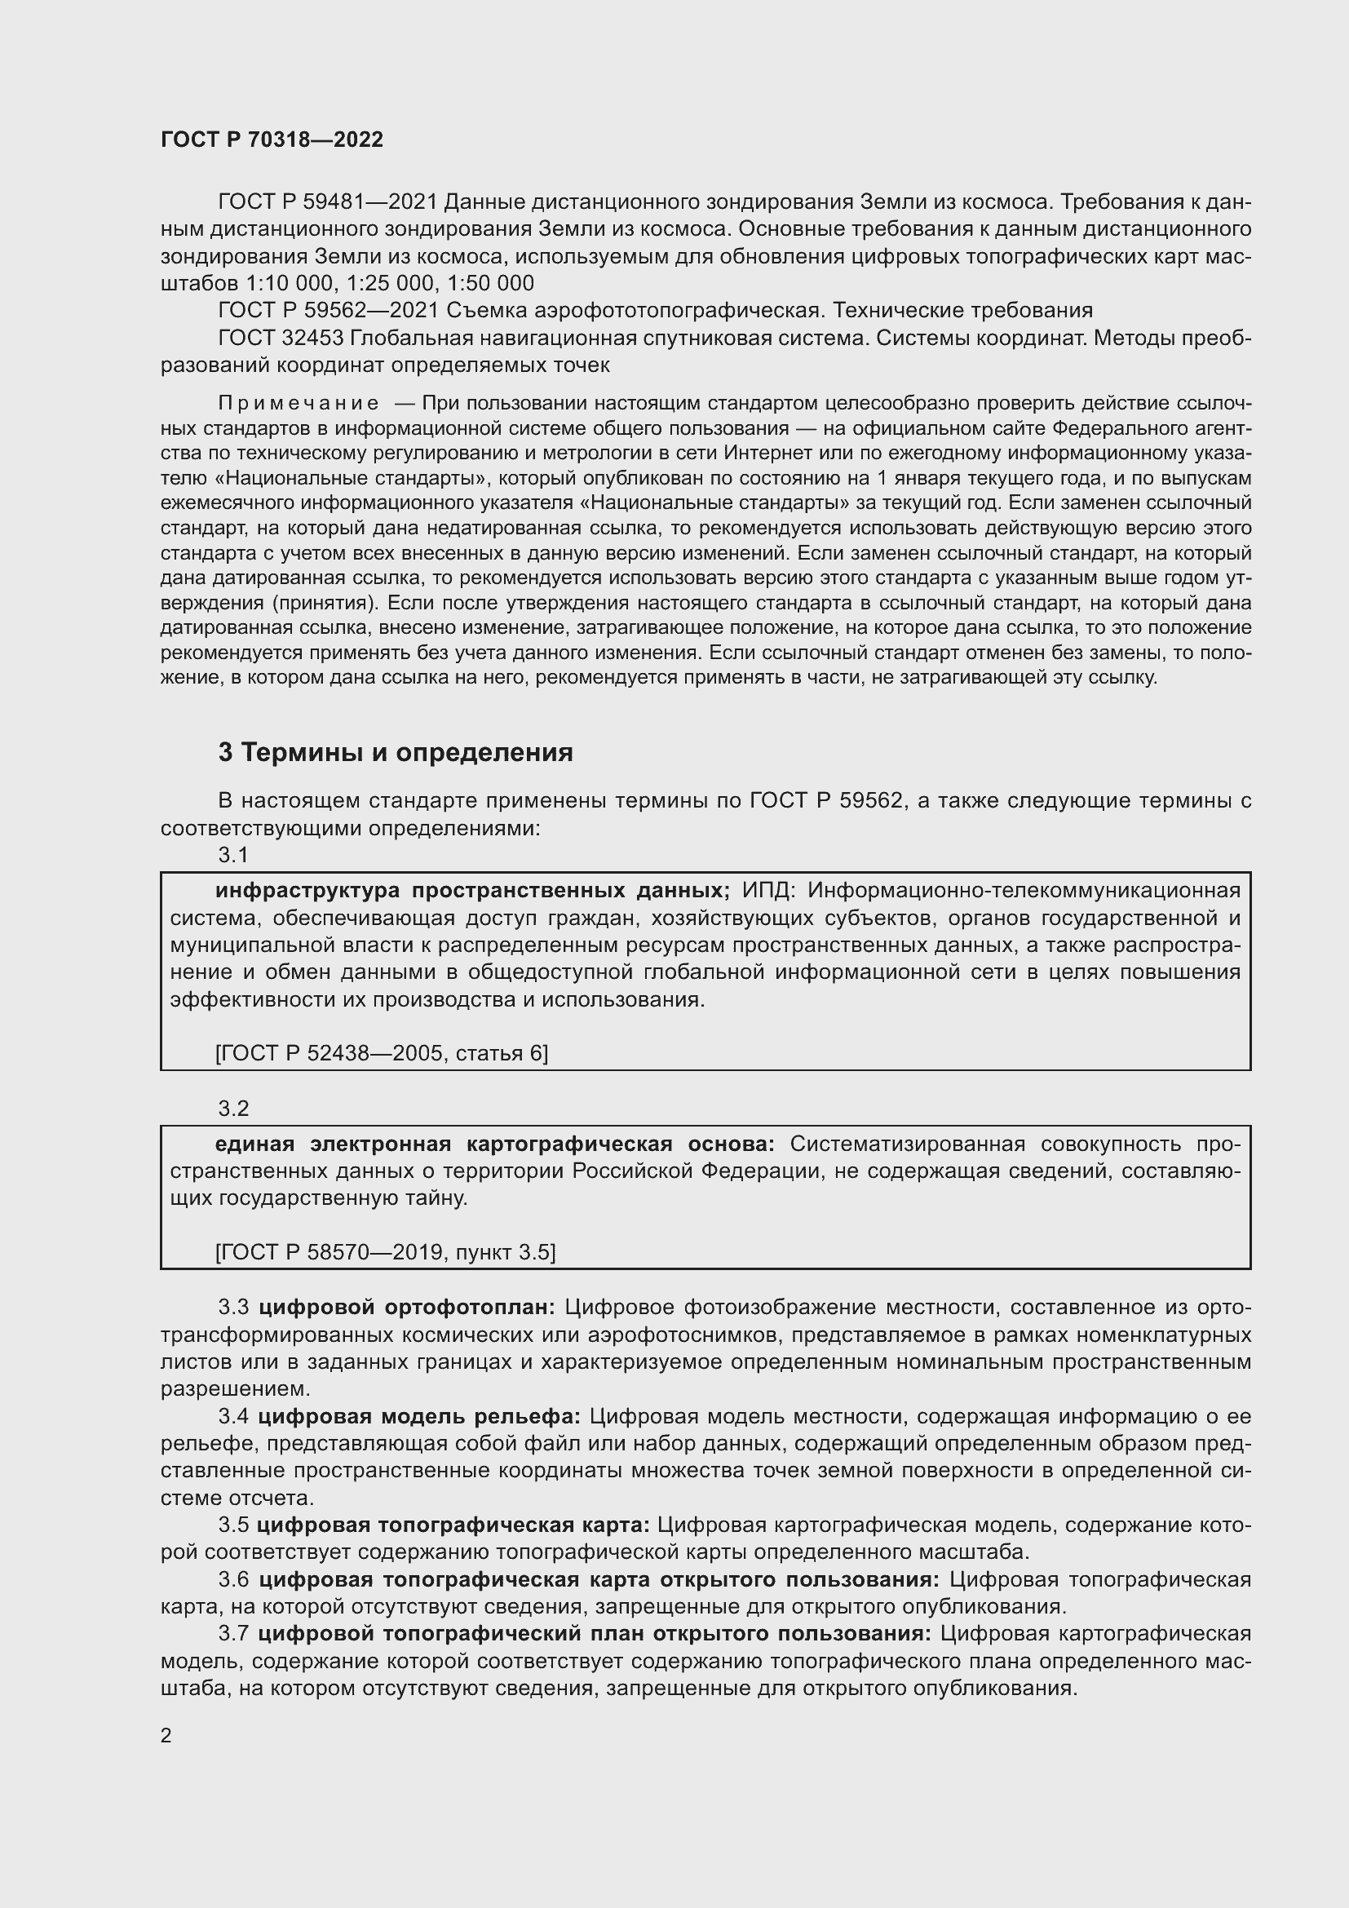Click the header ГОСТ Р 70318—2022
[x=272, y=139]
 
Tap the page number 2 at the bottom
[x=166, y=1736]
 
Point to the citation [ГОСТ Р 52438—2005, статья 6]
[x=381, y=1053]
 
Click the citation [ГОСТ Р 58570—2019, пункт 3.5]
[x=385, y=1251]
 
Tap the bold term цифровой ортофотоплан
[x=406, y=1307]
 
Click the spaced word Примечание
[x=299, y=404]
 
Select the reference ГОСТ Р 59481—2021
[x=327, y=202]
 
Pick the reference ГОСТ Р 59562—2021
[x=327, y=310]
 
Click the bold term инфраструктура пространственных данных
[x=471, y=890]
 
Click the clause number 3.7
[x=233, y=1633]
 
